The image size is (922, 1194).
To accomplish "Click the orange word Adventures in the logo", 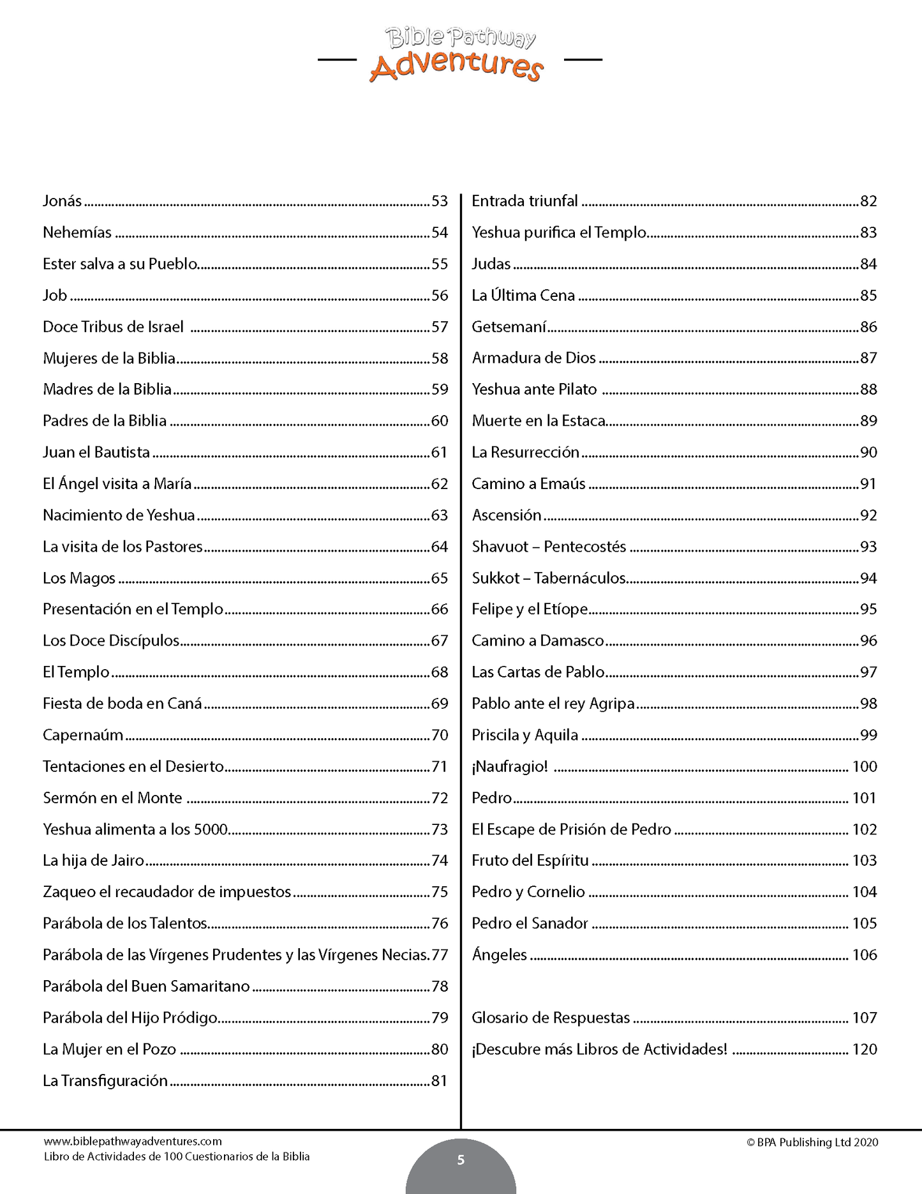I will click(x=456, y=66).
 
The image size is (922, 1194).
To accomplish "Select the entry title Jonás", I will click(x=62, y=201).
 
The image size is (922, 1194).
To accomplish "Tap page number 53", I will click(x=440, y=201).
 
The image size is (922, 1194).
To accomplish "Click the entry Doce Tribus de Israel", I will click(x=113, y=327).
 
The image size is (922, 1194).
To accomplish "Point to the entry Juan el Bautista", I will click(x=96, y=453).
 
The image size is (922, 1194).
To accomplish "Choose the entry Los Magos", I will click(x=79, y=578).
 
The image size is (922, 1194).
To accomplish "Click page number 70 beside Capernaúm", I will click(x=440, y=736).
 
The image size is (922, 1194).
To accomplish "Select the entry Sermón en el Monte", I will click(x=112, y=798).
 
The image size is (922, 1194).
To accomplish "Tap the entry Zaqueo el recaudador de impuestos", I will click(x=167, y=892).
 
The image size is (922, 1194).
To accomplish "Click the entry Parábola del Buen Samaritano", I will click(x=146, y=986).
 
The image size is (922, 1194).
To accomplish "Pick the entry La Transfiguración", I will click(x=105, y=1081).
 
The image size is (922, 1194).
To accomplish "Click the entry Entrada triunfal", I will click(x=524, y=201).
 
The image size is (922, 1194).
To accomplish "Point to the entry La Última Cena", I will click(x=523, y=296).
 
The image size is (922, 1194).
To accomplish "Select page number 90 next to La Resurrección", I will click(x=868, y=453).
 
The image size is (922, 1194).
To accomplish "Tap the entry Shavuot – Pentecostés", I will click(x=549, y=547).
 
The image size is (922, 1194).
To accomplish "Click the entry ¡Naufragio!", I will click(x=510, y=767).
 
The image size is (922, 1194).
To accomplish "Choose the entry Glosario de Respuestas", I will click(x=551, y=1018).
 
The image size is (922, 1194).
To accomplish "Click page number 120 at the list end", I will click(x=865, y=1049).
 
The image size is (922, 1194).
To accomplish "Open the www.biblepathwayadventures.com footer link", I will click(x=133, y=1141).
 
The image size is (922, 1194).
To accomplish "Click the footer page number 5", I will click(x=461, y=1160).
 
